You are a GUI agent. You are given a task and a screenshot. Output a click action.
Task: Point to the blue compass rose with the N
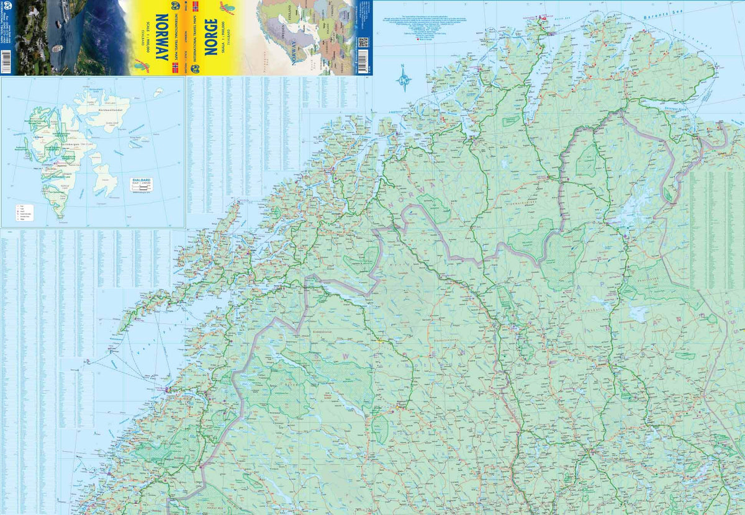pos(404,79)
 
